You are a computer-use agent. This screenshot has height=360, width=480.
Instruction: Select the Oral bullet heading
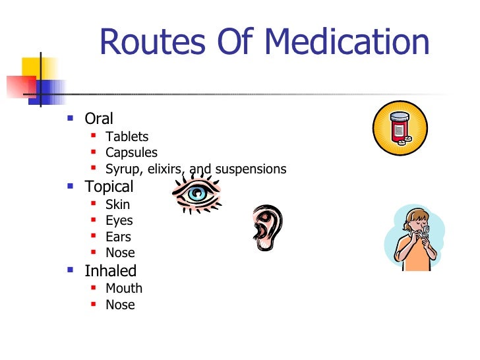pyautogui.click(x=99, y=119)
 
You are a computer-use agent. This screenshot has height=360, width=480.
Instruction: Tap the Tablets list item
pyautogui.click(x=127, y=136)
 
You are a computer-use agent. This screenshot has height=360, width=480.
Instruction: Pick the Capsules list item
pyautogui.click(x=131, y=152)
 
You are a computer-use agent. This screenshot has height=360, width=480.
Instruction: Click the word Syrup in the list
pyautogui.click(x=123, y=169)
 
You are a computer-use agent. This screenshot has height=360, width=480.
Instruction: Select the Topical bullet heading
pyautogui.click(x=109, y=187)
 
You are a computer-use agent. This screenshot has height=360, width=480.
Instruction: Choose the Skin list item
pyautogui.click(x=117, y=204)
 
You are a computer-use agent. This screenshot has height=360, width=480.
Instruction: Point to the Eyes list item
pyautogui.click(x=119, y=220)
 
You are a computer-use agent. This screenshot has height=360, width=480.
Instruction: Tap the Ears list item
pyautogui.click(x=118, y=237)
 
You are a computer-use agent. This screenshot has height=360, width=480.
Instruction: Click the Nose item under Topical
pyautogui.click(x=120, y=253)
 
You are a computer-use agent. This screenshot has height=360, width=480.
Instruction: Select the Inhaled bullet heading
pyautogui.click(x=110, y=270)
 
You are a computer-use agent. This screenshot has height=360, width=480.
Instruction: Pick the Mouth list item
pyautogui.click(x=123, y=288)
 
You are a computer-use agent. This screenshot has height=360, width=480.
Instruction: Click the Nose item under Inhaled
pyautogui.click(x=120, y=305)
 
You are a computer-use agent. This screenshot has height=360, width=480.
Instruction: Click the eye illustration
pyautogui.click(x=196, y=192)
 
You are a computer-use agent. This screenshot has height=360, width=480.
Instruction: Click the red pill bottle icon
pyautogui.click(x=400, y=128)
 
